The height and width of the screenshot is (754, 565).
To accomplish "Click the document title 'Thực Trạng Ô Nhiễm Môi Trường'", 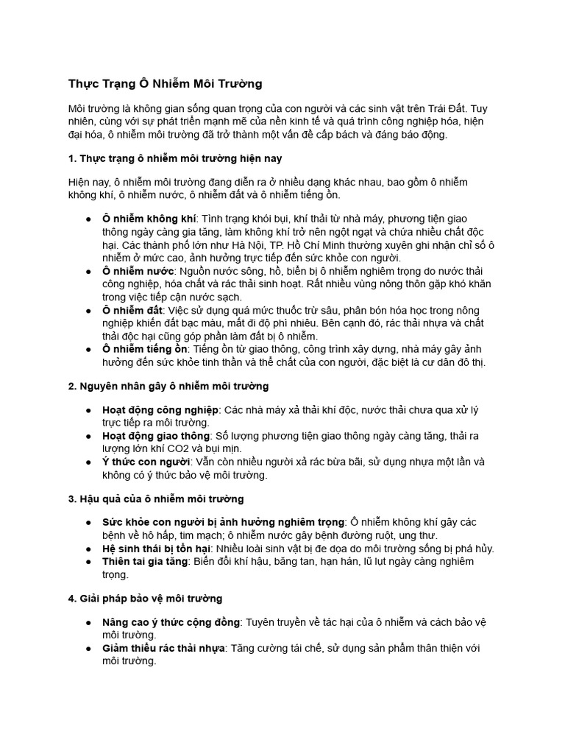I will click(165, 83).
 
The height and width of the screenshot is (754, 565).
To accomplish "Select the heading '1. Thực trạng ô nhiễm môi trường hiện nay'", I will click(175, 158).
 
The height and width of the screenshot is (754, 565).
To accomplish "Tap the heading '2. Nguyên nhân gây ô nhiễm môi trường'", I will click(168, 386).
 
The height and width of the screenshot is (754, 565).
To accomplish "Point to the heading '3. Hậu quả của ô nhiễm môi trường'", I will click(156, 498).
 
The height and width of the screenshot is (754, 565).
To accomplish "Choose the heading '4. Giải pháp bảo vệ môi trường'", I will click(145, 598).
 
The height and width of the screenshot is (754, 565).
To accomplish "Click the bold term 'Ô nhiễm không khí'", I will click(149, 219).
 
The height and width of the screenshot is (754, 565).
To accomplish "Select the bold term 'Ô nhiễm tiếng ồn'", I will click(146, 348).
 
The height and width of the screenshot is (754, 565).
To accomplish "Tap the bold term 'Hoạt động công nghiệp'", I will click(160, 409).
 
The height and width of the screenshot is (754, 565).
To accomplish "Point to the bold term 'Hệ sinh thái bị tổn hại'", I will click(157, 549).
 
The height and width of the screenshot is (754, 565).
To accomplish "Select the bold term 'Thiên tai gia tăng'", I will click(145, 561).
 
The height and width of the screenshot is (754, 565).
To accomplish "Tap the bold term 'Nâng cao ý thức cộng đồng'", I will click(171, 622).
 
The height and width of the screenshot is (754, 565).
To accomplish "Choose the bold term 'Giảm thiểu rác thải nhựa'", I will click(163, 648).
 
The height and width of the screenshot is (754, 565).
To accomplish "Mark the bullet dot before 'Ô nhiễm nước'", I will click(88, 271).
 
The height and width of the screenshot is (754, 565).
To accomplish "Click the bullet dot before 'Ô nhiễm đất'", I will click(88, 310).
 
